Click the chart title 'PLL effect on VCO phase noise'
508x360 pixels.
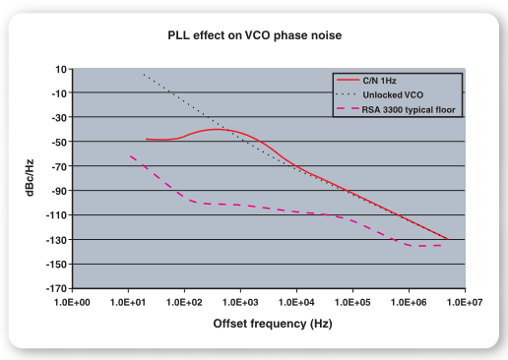[x=254, y=36]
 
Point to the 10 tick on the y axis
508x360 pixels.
[x=61, y=69]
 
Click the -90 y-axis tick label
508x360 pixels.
[x=58, y=190]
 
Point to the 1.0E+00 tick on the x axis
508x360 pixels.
[x=73, y=300]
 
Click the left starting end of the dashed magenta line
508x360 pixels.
[x=130, y=155]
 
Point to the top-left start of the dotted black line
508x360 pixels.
[x=144, y=75]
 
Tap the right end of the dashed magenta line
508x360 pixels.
[x=439, y=244]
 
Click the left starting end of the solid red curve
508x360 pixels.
[x=146, y=140]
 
